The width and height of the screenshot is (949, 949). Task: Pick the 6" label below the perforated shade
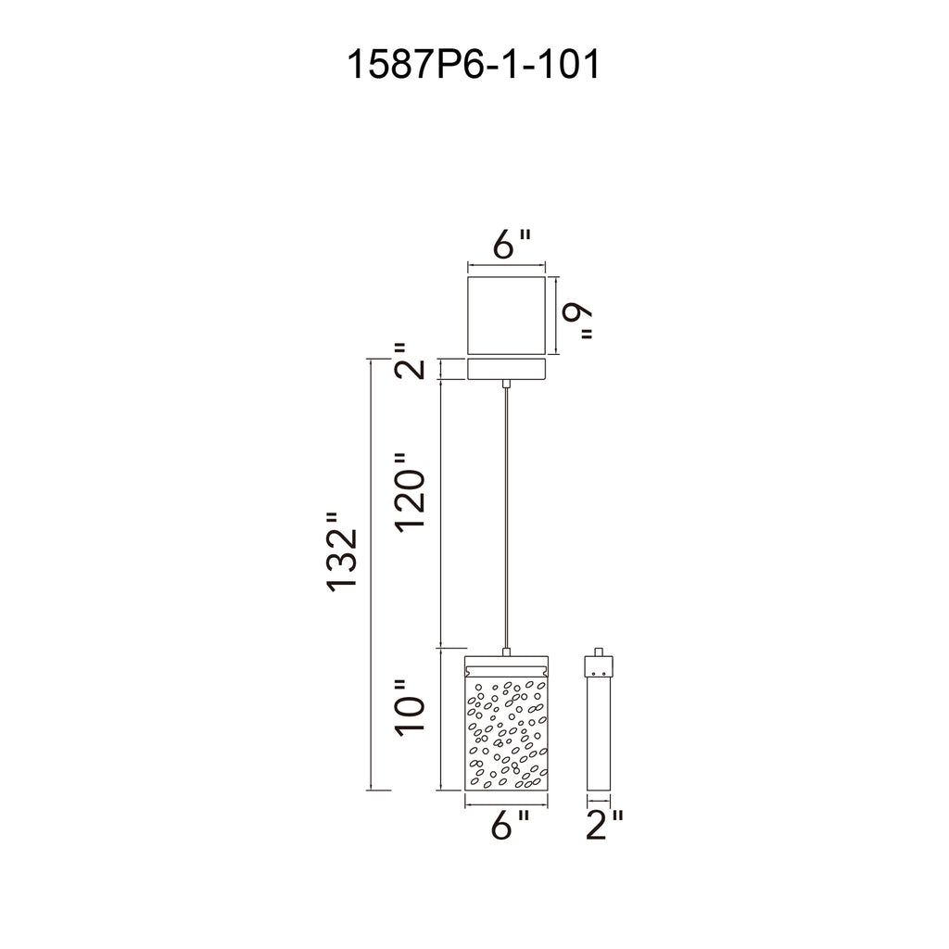(510, 824)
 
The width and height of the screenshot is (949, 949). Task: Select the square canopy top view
(506, 314)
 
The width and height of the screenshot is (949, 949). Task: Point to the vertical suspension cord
(506, 519)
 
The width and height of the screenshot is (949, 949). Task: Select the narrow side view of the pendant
(598, 732)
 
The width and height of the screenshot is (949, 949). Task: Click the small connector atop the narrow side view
(598, 652)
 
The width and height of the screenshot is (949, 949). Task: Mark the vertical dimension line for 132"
(371, 575)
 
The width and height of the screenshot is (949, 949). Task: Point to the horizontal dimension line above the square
(506, 266)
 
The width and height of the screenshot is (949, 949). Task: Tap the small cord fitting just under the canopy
(506, 383)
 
